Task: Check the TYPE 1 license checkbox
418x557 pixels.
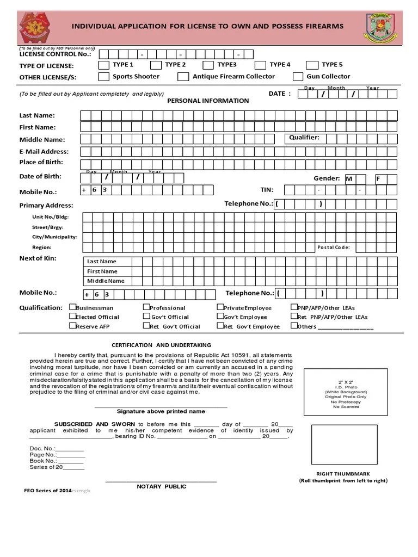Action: [103, 65]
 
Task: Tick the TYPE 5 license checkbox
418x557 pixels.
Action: [312, 65]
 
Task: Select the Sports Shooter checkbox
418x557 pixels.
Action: [103, 77]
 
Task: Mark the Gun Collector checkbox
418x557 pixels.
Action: [298, 77]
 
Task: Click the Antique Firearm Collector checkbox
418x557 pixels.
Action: [183, 77]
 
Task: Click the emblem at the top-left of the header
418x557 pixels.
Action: [37, 28]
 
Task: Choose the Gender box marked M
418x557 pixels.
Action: [351, 178]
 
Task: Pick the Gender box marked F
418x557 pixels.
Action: [381, 178]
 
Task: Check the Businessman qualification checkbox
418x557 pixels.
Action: [72, 307]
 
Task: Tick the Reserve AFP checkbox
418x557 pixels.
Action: [72, 326]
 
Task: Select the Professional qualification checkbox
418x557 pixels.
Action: [146, 307]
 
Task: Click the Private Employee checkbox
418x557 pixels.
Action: [220, 307]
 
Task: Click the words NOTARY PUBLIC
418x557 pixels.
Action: [161, 486]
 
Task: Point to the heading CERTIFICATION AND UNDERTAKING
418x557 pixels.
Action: [161, 345]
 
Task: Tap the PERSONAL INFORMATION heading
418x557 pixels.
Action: [208, 101]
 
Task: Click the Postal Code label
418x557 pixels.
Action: [334, 247]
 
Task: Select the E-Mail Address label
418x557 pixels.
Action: [44, 152]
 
